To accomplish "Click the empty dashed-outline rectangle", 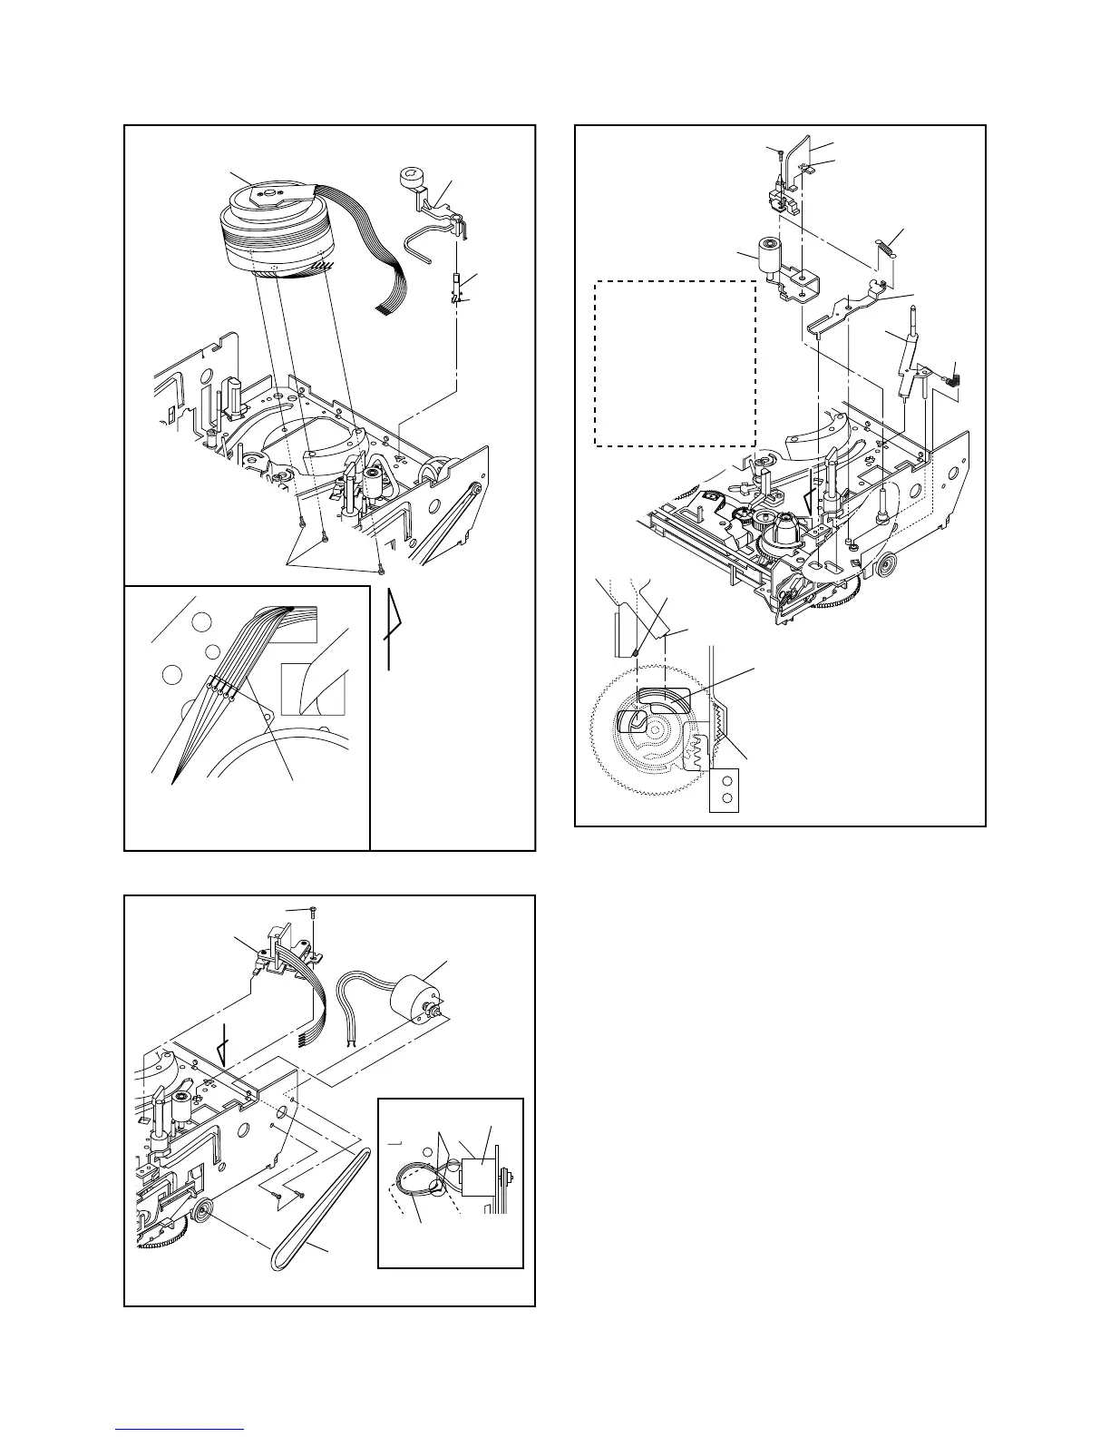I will coord(675,363).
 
